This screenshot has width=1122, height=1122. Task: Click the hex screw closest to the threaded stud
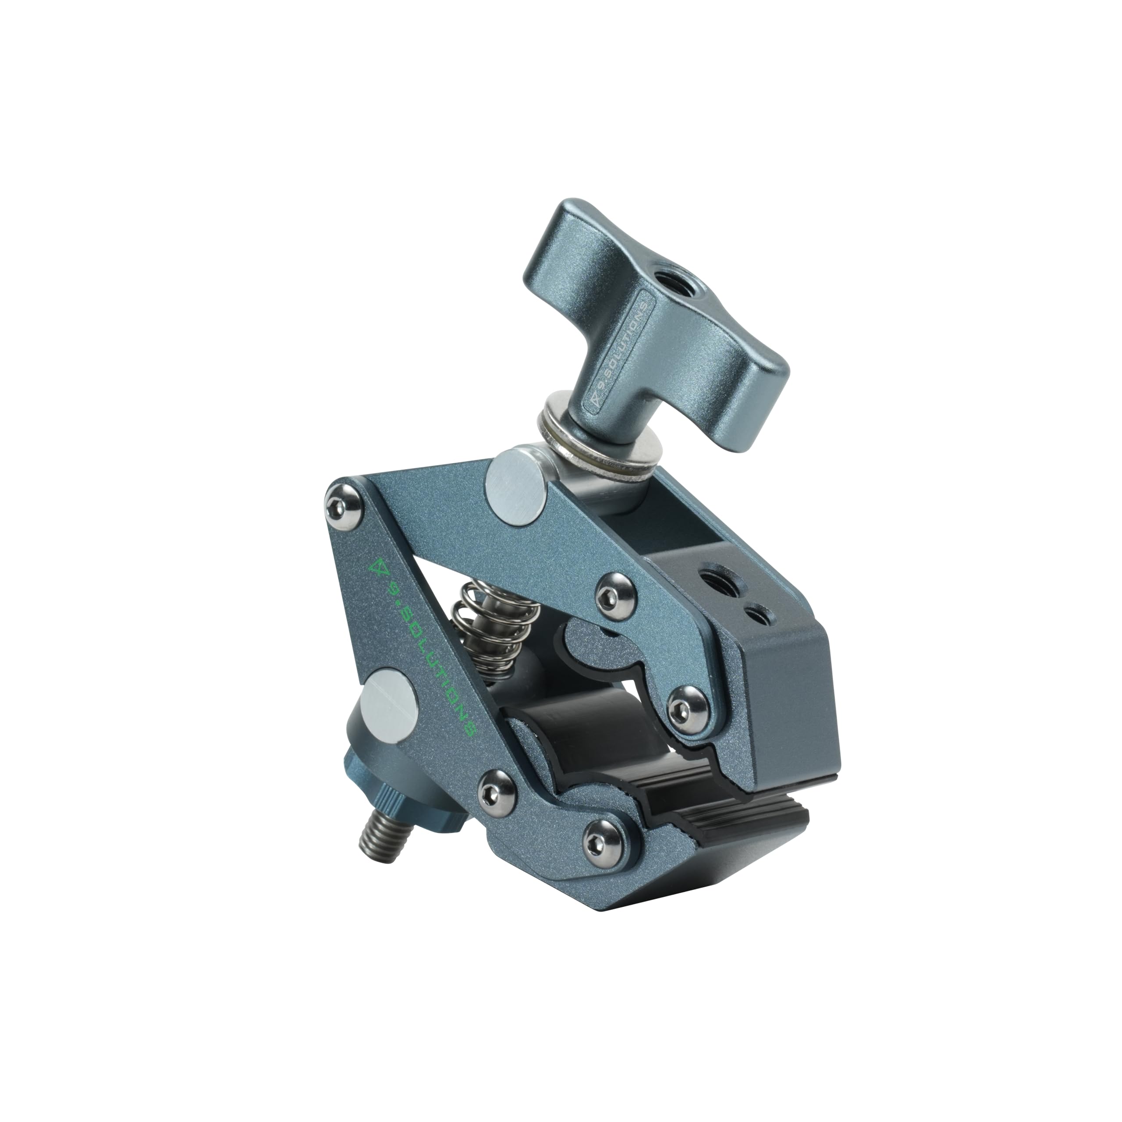pyautogui.click(x=496, y=792)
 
